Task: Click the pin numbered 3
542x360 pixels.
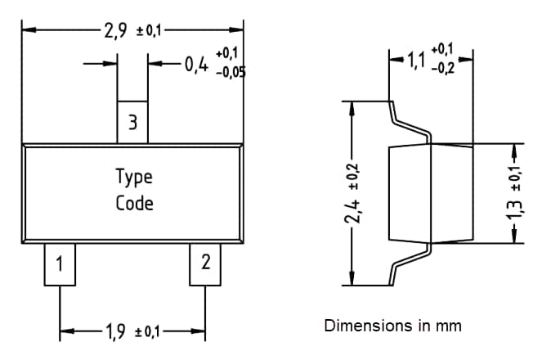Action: point(132,123)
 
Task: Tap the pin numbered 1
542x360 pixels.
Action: point(60,264)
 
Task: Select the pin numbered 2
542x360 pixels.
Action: point(205,263)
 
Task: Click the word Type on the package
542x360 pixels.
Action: point(133,177)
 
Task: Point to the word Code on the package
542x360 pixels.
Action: point(133,202)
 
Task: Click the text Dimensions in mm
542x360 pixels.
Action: point(392,326)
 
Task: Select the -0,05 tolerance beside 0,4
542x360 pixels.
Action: point(230,71)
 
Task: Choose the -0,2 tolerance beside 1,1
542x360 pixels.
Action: point(444,70)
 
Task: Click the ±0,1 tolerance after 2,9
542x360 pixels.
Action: point(150,31)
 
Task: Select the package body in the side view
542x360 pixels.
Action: point(429,193)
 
